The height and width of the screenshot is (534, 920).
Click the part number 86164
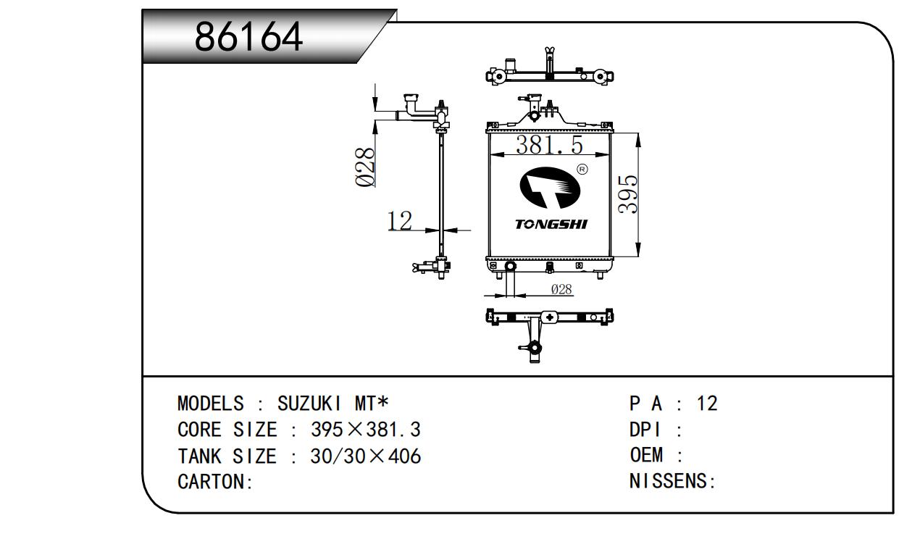248,38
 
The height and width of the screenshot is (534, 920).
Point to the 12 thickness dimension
399,220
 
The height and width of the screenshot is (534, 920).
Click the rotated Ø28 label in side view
366,167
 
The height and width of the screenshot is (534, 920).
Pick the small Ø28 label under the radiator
561,290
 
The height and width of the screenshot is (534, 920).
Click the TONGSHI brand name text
551,225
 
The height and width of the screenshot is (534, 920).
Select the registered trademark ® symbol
582,170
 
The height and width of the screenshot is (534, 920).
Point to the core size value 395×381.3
365,430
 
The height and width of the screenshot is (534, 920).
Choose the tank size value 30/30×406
365,456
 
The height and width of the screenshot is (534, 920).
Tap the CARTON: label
215,483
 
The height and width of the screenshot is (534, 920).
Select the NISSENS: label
672,483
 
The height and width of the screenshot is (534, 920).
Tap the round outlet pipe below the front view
510,267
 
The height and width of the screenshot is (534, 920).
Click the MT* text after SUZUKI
372,404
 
